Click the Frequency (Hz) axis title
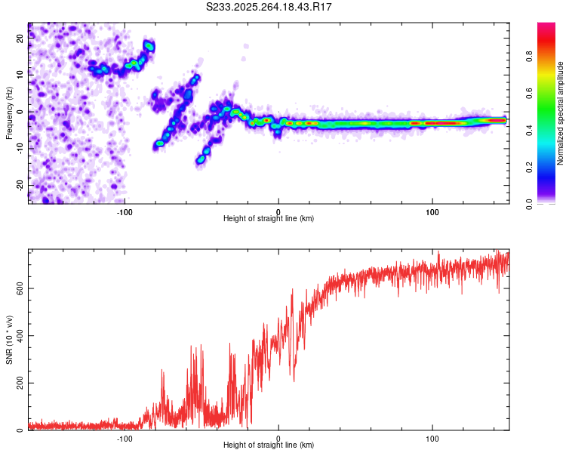click(x=9, y=112)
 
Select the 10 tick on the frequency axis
click(x=20, y=75)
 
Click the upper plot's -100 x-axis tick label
click(x=125, y=211)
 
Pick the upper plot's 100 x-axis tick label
click(x=432, y=211)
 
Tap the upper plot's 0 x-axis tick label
click(x=278, y=211)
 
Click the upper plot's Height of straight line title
click(x=269, y=219)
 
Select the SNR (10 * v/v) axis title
click(x=9, y=340)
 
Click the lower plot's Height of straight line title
click(x=269, y=445)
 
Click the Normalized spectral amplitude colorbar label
click(x=561, y=113)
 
